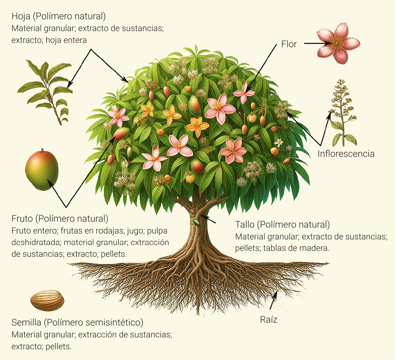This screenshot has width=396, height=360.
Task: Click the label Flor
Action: coord(289,44)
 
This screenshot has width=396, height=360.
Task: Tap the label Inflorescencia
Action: coord(346,154)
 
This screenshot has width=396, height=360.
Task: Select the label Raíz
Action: coord(268,320)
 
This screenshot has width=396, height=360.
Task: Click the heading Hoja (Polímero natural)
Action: coord(59,17)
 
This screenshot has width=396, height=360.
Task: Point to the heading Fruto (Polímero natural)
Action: coord(60,219)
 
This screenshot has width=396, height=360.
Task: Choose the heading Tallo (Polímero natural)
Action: coord(282,224)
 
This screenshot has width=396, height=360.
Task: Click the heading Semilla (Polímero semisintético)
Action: coord(78,323)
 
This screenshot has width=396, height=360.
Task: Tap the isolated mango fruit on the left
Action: coord(42,169)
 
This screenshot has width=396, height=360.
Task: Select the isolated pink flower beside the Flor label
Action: coord(337,42)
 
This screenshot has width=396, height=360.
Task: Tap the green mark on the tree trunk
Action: coord(197,222)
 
